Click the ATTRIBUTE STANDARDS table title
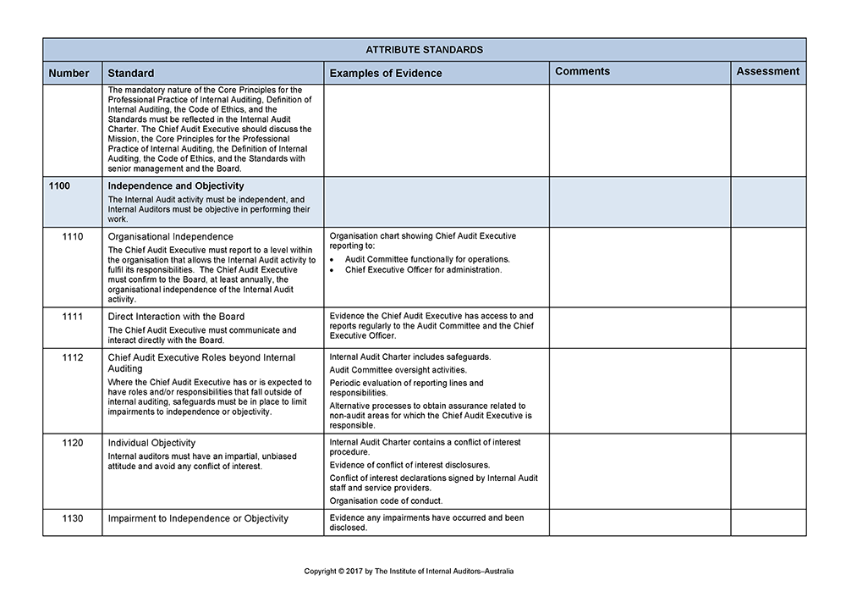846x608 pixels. [x=424, y=49]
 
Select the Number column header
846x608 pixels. [x=69, y=73]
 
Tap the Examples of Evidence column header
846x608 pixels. [x=385, y=73]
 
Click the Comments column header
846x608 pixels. [x=582, y=72]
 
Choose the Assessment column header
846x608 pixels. [x=767, y=72]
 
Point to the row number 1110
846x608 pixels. [x=73, y=236]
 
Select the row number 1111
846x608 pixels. [x=73, y=317]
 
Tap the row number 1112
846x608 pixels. [x=73, y=357]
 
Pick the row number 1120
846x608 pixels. [x=73, y=443]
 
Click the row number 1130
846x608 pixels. [x=73, y=518]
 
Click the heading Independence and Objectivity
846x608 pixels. [x=176, y=186]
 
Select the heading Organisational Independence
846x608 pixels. [x=170, y=237]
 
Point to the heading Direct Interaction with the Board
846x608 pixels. [x=176, y=317]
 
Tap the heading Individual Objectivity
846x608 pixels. [x=151, y=443]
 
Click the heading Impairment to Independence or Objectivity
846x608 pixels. [x=198, y=518]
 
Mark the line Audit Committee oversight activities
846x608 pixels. [x=398, y=370]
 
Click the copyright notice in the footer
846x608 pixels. [x=409, y=572]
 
